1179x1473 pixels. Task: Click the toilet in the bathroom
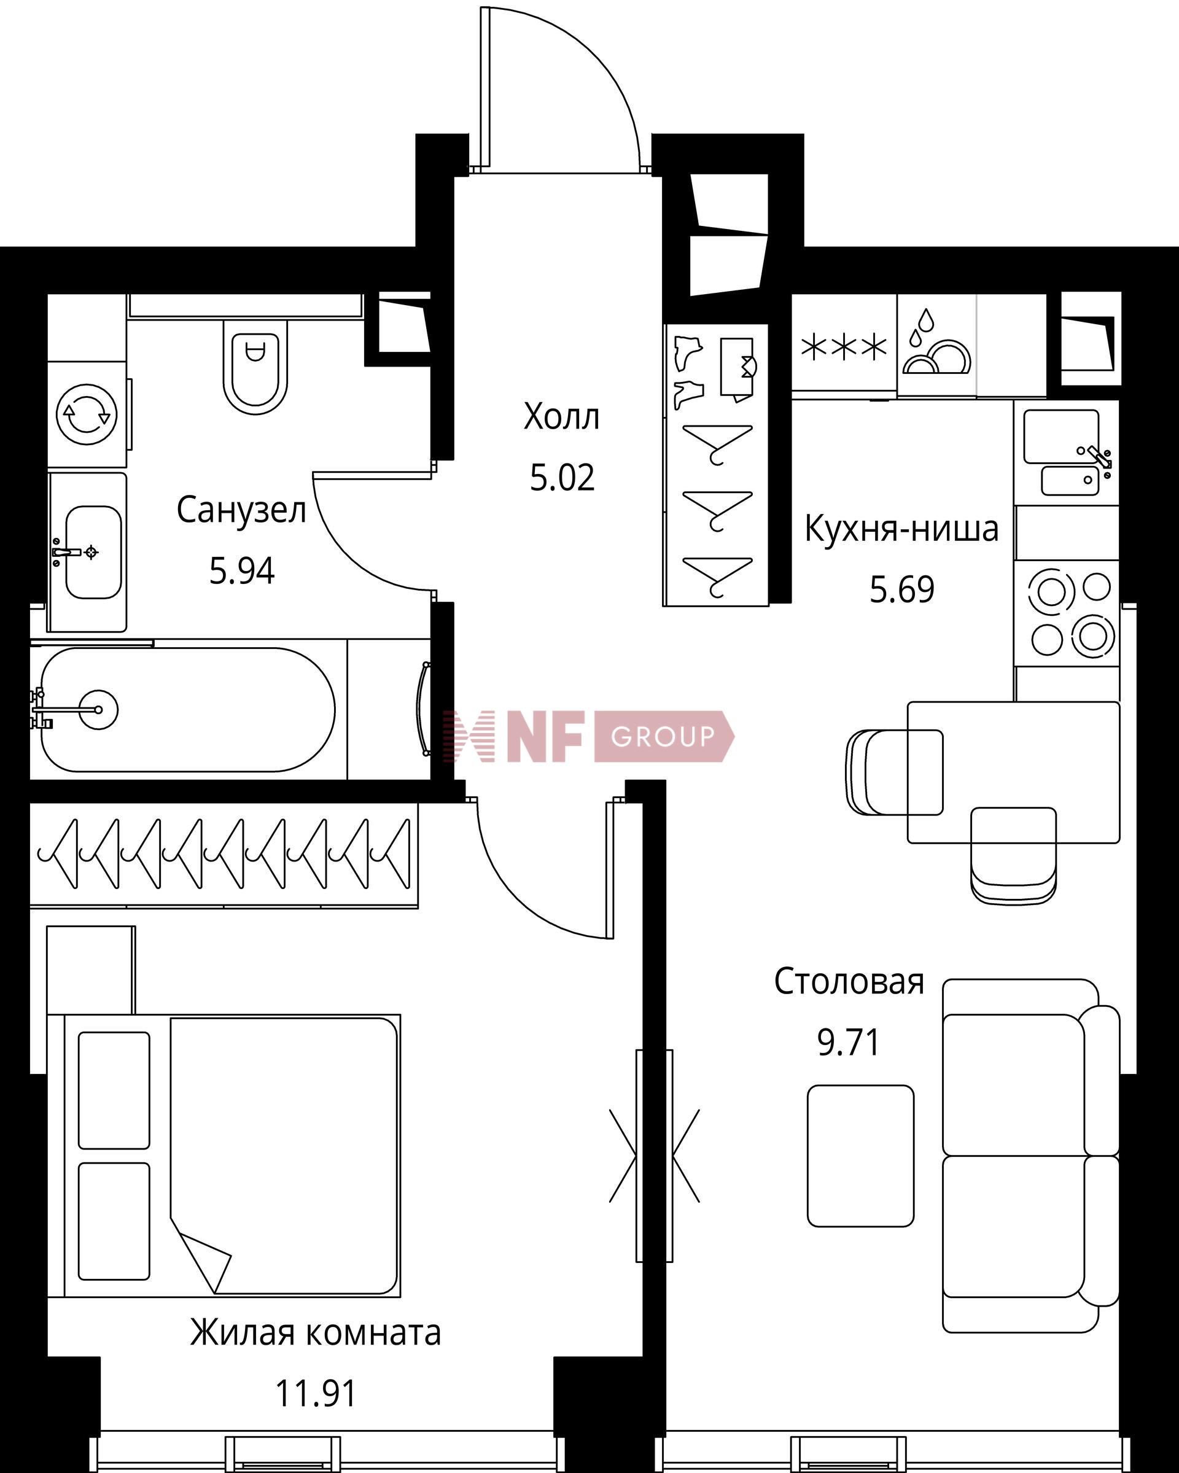point(255,365)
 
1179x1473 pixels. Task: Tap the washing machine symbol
point(87,413)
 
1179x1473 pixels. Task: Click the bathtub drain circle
point(98,709)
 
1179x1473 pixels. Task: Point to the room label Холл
point(561,417)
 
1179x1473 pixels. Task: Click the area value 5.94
point(242,571)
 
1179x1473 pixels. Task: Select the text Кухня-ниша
point(901,528)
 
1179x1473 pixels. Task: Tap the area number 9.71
point(849,1043)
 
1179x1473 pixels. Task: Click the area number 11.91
point(316,1394)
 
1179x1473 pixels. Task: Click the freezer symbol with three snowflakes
point(844,348)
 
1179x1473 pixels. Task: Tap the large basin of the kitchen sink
point(1061,437)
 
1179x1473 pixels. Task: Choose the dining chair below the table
point(1013,855)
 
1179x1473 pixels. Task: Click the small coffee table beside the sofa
point(861,1154)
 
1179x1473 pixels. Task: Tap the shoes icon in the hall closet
point(688,372)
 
